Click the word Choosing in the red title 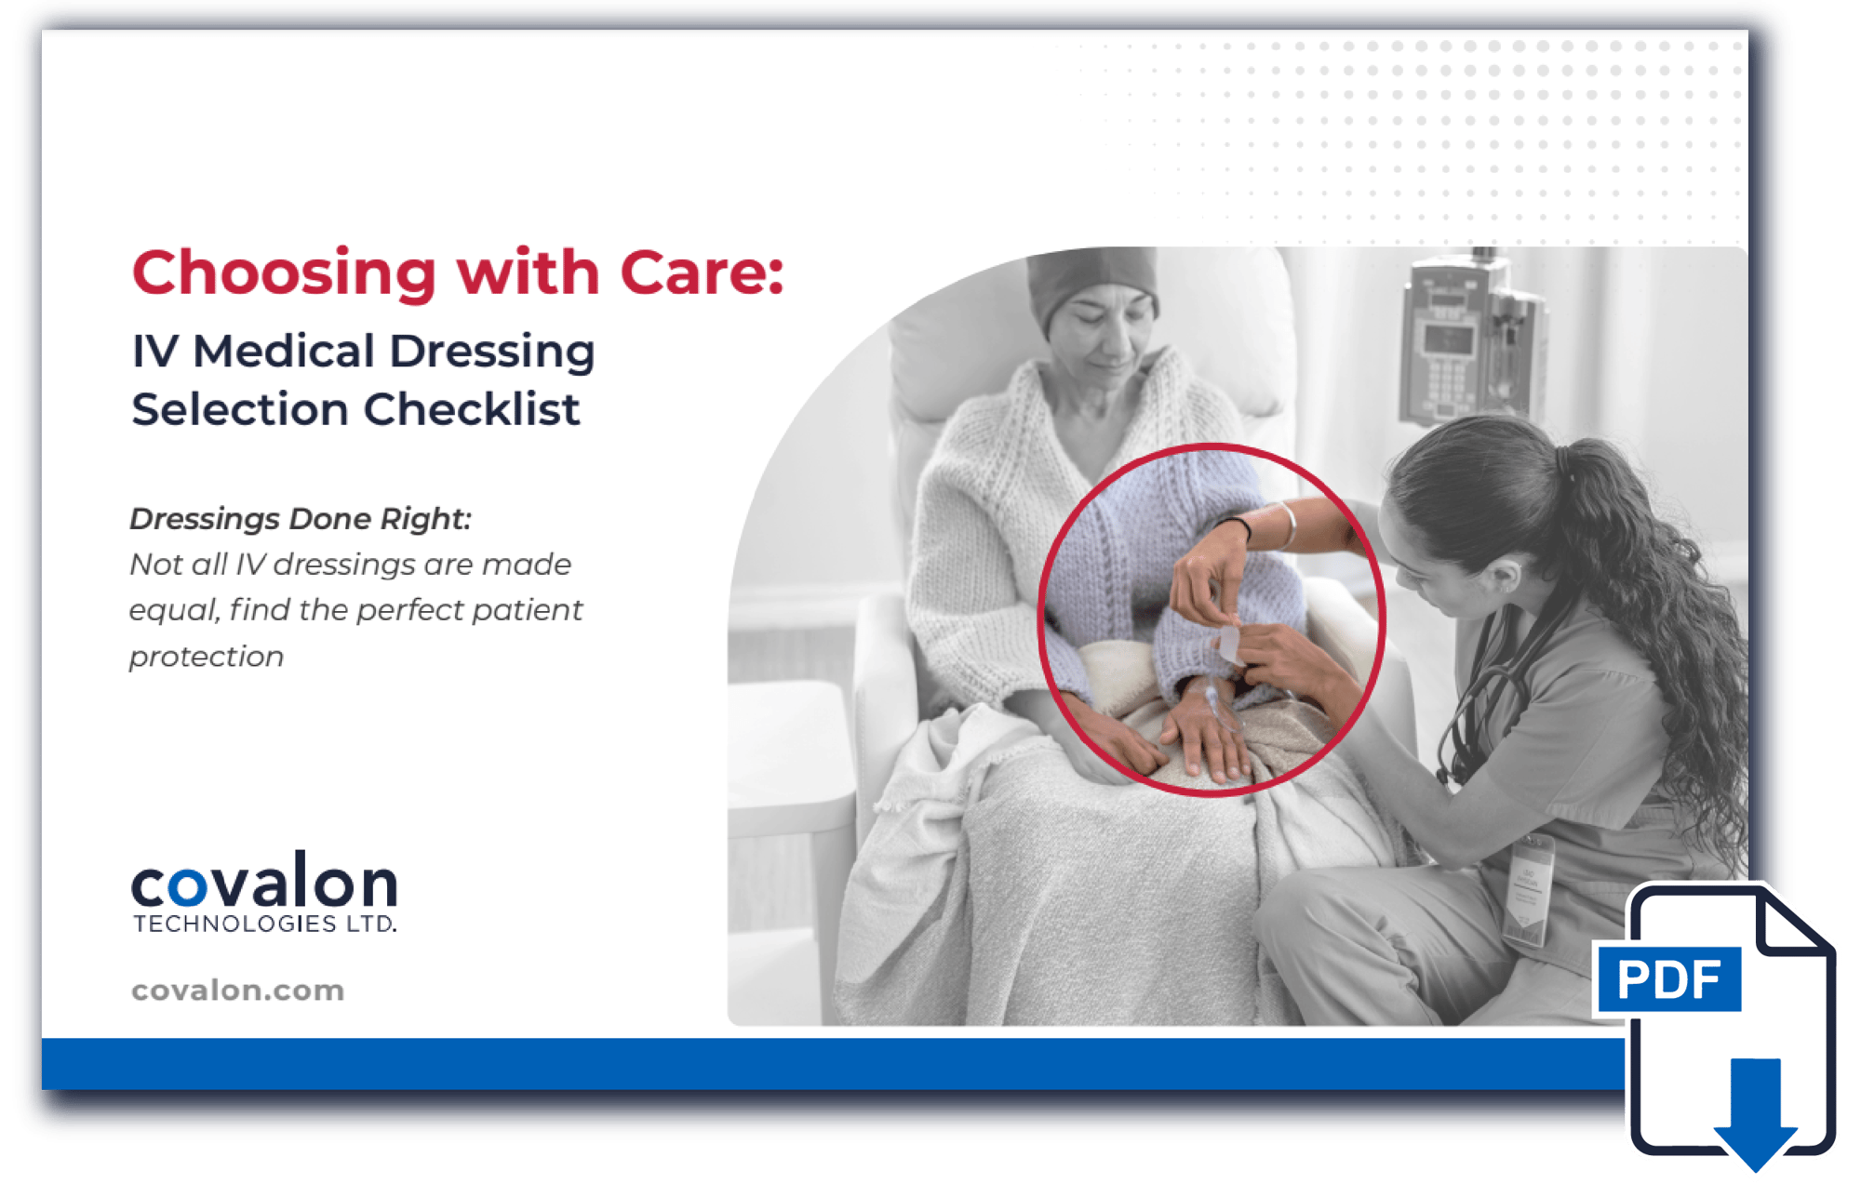coord(284,274)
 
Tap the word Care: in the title coord(702,274)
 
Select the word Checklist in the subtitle coord(472,409)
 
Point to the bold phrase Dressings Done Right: coord(300,519)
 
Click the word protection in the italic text coord(206,657)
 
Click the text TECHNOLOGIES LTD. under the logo coord(264,924)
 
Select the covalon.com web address coord(237,991)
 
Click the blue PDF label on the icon coord(1668,979)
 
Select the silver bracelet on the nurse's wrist coord(1288,525)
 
